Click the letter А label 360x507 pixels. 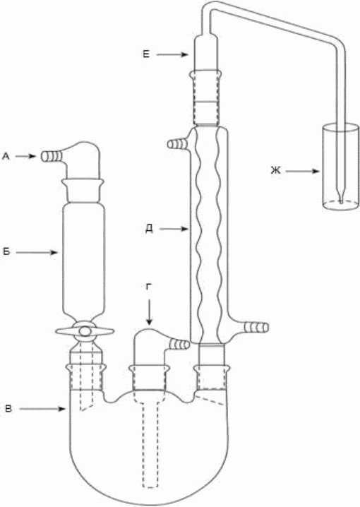click(6, 157)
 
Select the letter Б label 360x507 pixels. click(6, 252)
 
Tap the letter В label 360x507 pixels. click(8, 409)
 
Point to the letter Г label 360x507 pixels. click(149, 287)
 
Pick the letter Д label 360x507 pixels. click(150, 229)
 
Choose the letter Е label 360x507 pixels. click(146, 54)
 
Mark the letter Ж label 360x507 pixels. click(275, 170)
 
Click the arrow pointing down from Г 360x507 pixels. click(149, 312)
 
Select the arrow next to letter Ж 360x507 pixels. click(303, 172)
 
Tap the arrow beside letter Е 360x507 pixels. click(172, 55)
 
